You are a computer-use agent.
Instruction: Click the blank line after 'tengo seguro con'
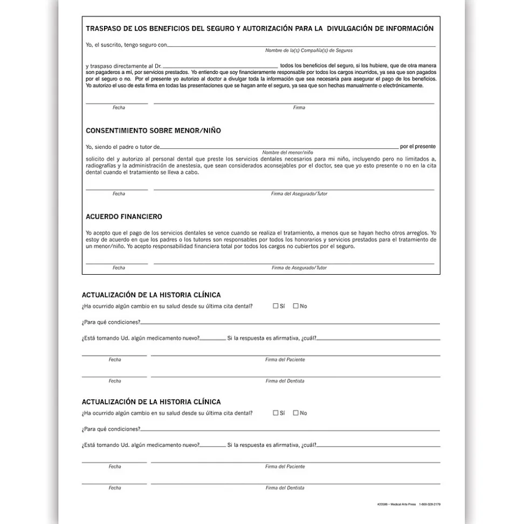coord(301,46)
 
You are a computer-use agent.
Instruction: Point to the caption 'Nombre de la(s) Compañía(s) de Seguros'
coord(309,50)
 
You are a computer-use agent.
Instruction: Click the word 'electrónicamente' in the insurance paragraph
coord(402,85)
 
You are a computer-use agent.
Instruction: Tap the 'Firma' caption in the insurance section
coord(299,107)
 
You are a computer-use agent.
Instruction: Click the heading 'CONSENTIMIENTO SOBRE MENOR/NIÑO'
coord(153,131)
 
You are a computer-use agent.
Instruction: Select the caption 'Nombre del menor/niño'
coord(287,153)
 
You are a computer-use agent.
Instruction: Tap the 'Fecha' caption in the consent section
coord(119,194)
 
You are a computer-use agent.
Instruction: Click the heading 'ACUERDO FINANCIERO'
coord(124,216)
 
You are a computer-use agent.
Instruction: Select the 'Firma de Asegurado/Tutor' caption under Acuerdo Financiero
coord(299,268)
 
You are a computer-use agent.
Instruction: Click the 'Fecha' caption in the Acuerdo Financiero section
coord(119,268)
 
